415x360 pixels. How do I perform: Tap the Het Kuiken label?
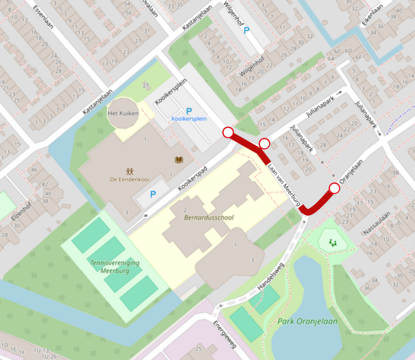123,114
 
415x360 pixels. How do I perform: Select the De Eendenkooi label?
129,179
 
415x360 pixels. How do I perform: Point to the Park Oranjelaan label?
307,321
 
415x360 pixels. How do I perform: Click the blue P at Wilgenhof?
247,31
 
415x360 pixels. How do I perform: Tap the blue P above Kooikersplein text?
189,110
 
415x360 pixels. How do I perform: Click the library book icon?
178,160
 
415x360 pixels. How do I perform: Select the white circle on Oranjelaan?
334,188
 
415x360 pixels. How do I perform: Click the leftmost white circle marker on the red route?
228,133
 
